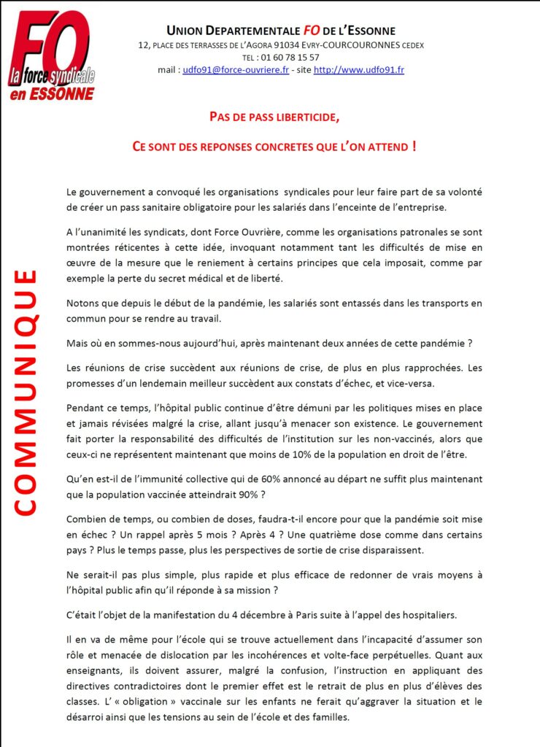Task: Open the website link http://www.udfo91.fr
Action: pos(359,70)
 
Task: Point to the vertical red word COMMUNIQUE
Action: pos(26,392)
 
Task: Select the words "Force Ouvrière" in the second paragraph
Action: pos(219,232)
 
